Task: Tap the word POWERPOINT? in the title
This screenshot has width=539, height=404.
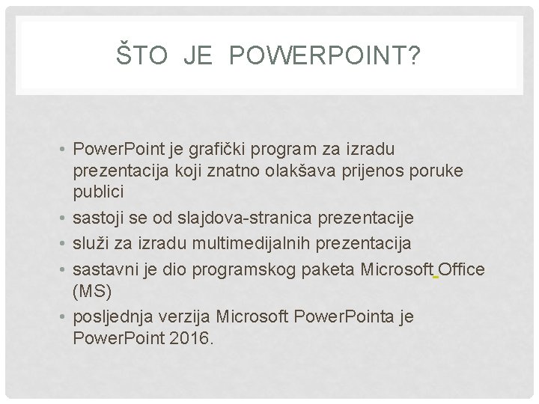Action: pyautogui.click(x=320, y=55)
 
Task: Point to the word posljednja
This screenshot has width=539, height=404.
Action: pyautogui.click(x=109, y=316)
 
